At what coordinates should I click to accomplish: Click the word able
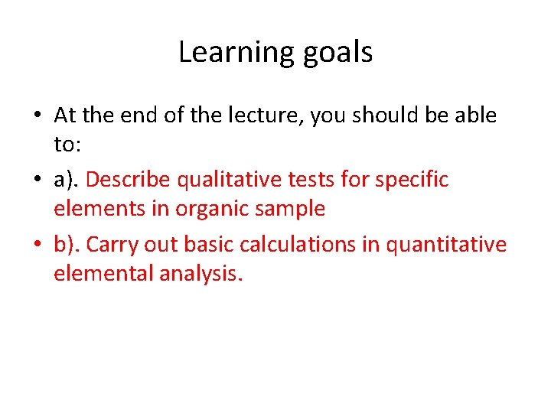(476, 115)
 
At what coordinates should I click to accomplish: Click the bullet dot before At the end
(37, 116)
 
